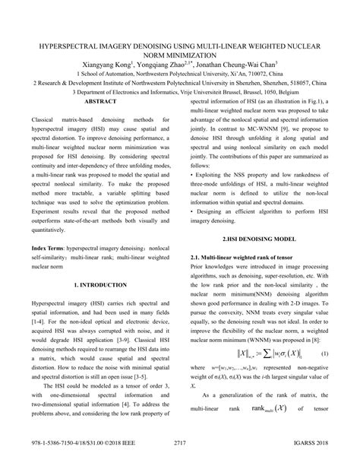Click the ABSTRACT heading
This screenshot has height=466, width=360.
pos(99,101)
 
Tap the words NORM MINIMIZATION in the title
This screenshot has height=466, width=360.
pos(180,55)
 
